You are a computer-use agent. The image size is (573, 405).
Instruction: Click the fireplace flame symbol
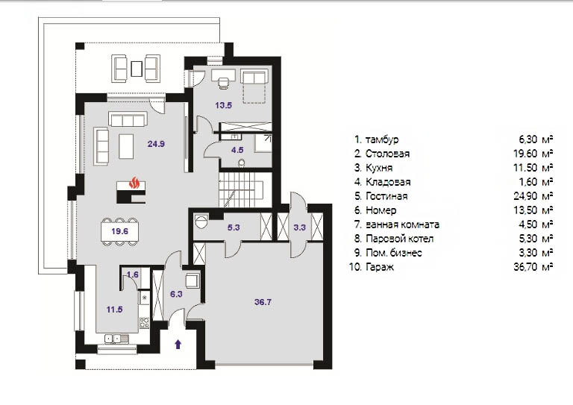[x=134, y=182]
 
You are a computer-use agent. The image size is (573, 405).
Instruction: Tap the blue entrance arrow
[x=178, y=344]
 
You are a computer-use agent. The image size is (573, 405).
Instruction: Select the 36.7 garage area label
[x=263, y=302]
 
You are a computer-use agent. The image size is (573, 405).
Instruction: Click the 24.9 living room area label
[x=156, y=144]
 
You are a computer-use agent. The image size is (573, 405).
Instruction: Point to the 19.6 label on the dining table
[x=120, y=231]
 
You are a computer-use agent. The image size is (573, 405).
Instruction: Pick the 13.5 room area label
[x=223, y=106]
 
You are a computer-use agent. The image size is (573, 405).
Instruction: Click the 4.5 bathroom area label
[x=237, y=150]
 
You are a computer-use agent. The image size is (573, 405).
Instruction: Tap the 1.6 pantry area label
[x=133, y=274]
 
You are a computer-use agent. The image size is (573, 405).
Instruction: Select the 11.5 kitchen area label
[x=114, y=310]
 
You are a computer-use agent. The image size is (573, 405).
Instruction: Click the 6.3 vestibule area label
[x=176, y=294]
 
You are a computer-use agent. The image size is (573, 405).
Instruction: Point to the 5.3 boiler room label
[x=234, y=227]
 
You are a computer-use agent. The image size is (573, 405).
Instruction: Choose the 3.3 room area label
[x=299, y=227]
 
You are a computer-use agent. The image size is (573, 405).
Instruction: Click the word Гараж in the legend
[x=380, y=267]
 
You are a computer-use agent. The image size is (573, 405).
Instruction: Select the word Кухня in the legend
[x=379, y=168]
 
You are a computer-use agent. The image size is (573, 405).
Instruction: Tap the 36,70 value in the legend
[x=525, y=267]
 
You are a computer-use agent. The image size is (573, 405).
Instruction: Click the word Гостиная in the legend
[x=386, y=196]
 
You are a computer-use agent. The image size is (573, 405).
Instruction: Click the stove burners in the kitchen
[x=144, y=323]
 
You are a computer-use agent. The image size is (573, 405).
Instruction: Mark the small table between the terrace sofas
[x=137, y=69]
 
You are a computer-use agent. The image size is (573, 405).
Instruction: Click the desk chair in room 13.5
[x=223, y=84]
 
